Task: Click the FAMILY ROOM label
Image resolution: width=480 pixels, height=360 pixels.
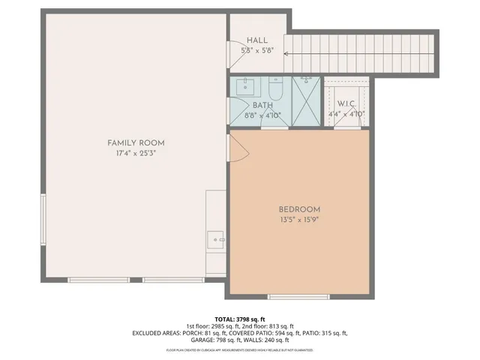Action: (x=136, y=142)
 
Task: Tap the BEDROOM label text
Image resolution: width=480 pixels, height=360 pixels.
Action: (x=299, y=209)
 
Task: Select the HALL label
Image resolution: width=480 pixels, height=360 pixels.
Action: (x=257, y=41)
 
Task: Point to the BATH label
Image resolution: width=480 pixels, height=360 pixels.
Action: (x=262, y=106)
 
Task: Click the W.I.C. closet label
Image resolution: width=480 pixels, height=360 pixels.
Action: (x=346, y=103)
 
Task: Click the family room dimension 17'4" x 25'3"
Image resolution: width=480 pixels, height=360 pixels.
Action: (x=136, y=153)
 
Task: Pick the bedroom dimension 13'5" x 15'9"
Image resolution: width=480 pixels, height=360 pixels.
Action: (x=299, y=220)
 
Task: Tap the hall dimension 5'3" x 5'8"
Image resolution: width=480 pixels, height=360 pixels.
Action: (x=257, y=51)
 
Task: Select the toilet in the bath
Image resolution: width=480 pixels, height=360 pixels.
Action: (x=274, y=88)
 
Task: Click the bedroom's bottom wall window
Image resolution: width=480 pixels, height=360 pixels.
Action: (x=298, y=296)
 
